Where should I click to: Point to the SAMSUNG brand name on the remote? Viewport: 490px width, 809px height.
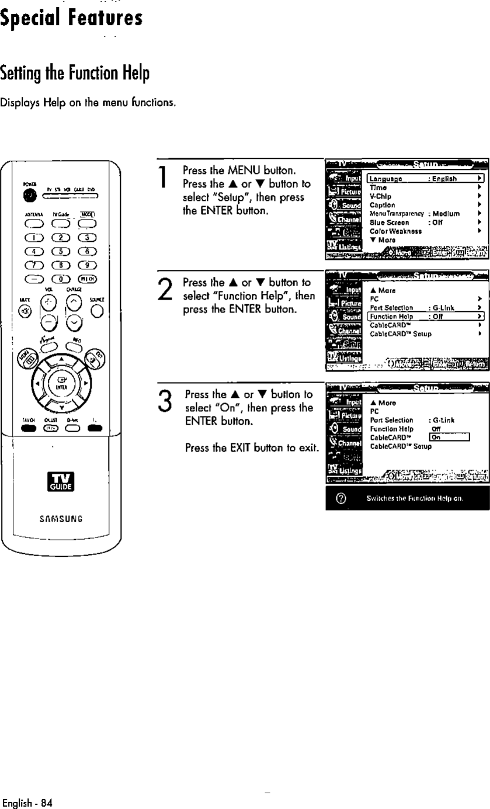pos(61,517)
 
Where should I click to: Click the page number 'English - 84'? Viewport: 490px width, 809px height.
pos(27,803)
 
